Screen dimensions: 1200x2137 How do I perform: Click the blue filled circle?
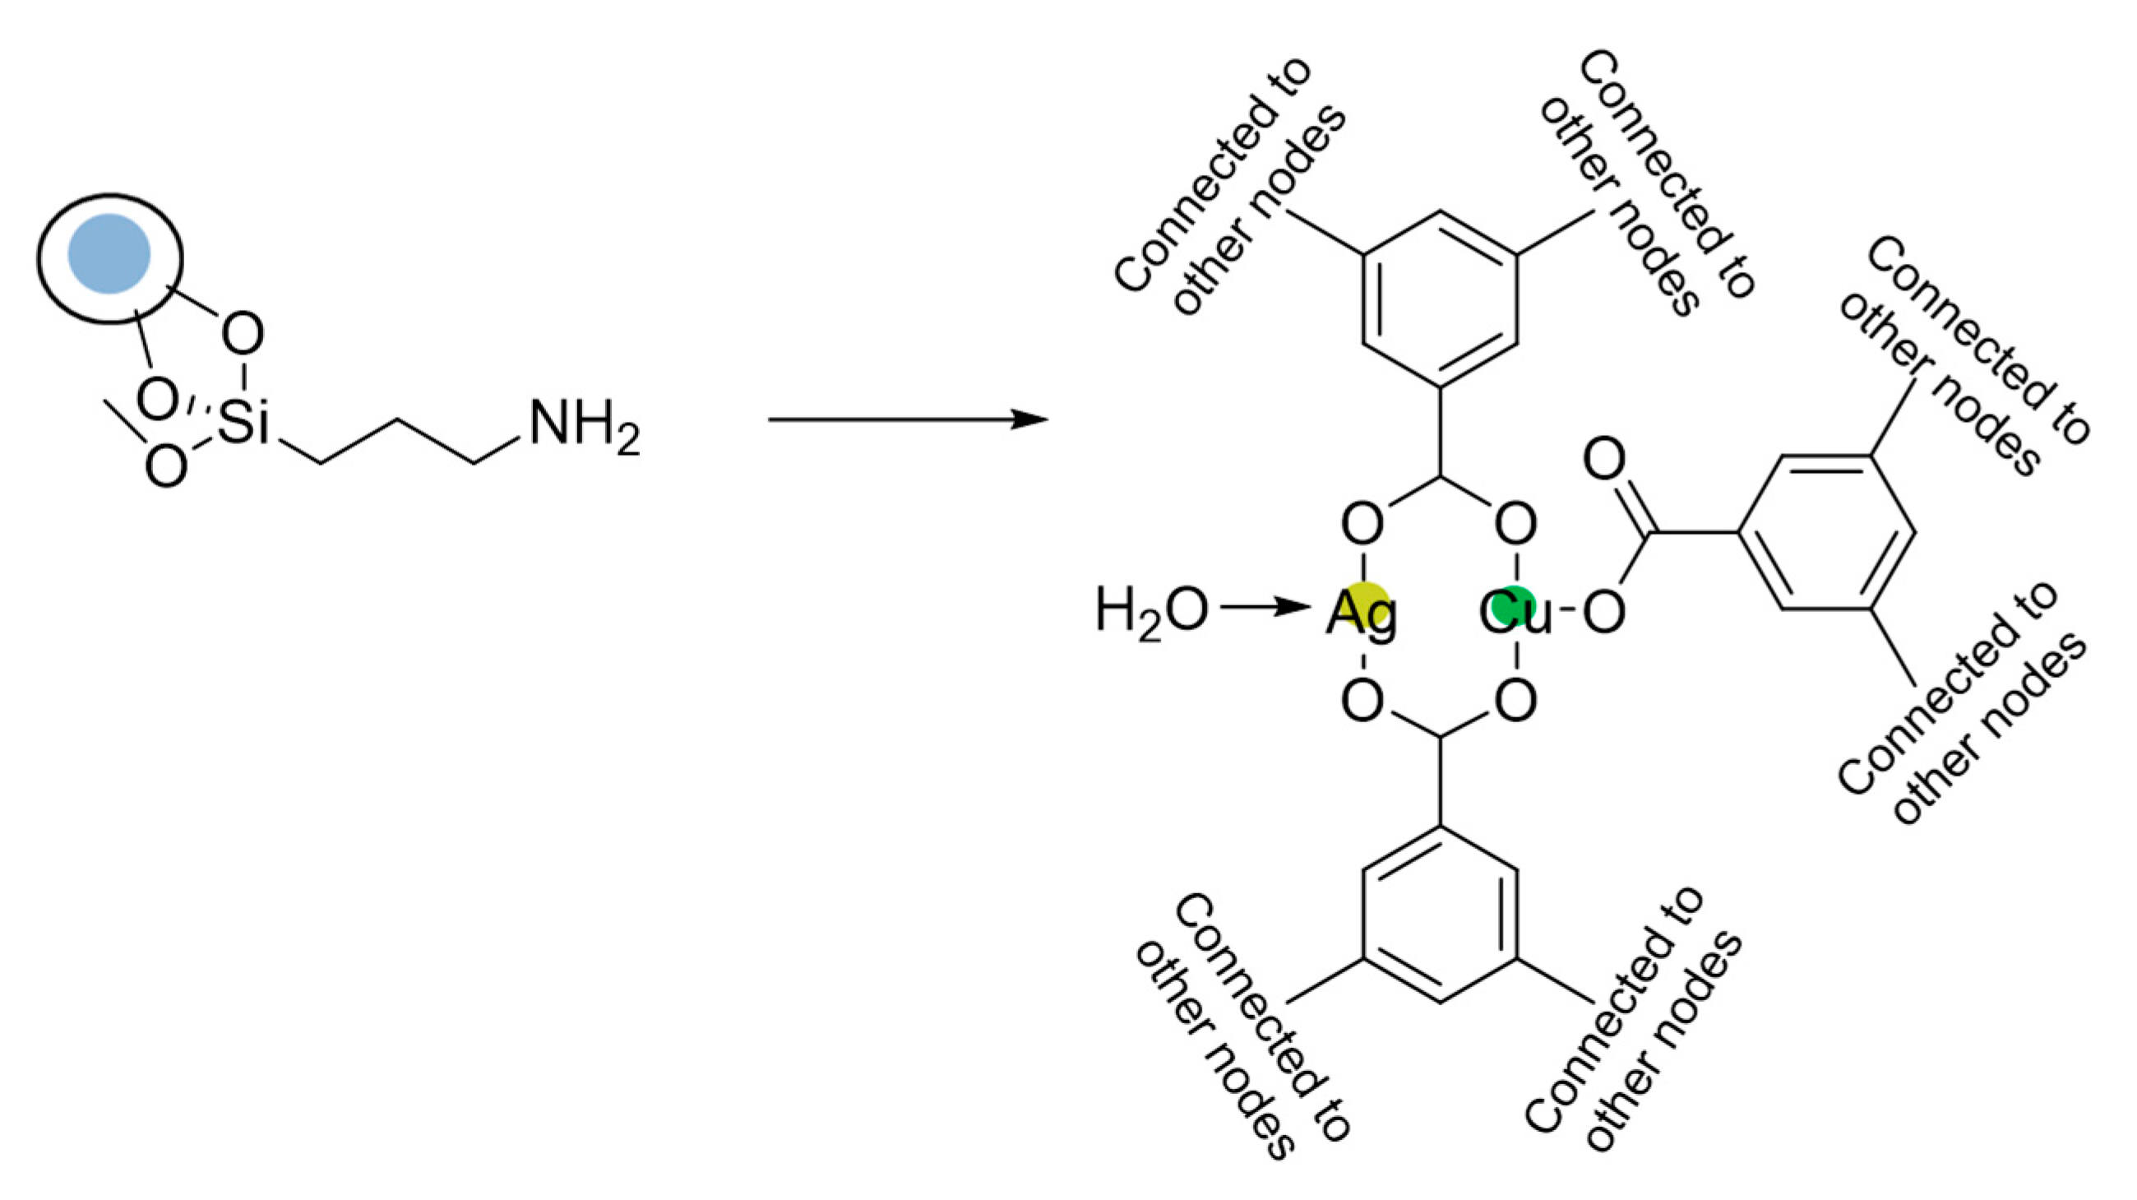point(109,253)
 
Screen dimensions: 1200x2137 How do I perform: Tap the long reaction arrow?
point(908,420)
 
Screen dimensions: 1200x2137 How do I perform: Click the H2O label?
point(1150,613)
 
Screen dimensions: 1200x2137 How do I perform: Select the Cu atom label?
point(1515,615)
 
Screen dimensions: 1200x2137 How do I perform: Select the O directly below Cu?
point(1515,702)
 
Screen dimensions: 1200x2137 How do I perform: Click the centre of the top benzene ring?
point(1439,299)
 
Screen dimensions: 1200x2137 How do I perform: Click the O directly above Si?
point(243,334)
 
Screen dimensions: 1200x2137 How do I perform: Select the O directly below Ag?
point(1362,702)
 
